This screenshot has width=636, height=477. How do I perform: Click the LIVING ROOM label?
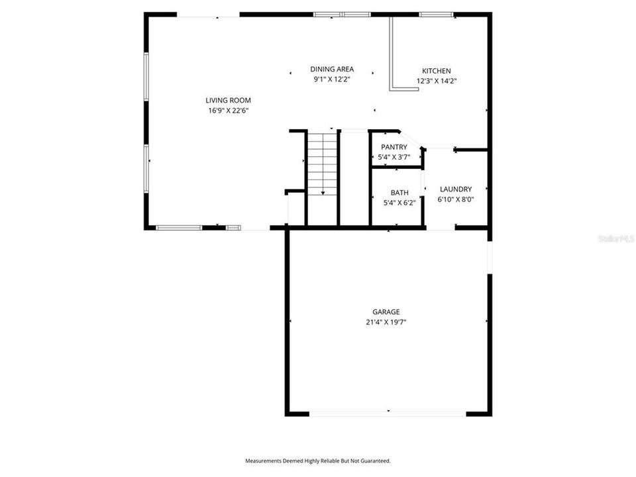[x=228, y=100]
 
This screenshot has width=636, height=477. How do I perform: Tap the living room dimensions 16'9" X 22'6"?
[x=228, y=111]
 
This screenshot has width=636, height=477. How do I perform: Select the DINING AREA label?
[x=332, y=69]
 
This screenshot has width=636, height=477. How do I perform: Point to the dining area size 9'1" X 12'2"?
[x=332, y=79]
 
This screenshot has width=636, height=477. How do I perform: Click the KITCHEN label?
[x=437, y=71]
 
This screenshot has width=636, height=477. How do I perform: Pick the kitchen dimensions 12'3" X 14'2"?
[x=437, y=81]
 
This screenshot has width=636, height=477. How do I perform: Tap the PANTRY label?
[x=394, y=147]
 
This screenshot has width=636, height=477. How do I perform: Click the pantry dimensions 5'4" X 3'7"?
[x=394, y=158]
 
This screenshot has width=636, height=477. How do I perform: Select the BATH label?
[x=399, y=193]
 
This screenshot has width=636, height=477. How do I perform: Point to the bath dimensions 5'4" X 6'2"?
[x=399, y=203]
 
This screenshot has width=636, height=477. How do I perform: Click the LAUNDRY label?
[x=455, y=189]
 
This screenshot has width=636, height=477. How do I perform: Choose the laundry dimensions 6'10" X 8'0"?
[x=455, y=199]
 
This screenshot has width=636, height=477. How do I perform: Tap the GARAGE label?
[x=386, y=311]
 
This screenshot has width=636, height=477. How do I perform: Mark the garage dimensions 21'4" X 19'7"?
[x=386, y=323]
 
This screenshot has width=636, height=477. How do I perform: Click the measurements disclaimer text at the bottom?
[x=318, y=460]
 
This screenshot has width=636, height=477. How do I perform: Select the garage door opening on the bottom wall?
[x=388, y=414]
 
